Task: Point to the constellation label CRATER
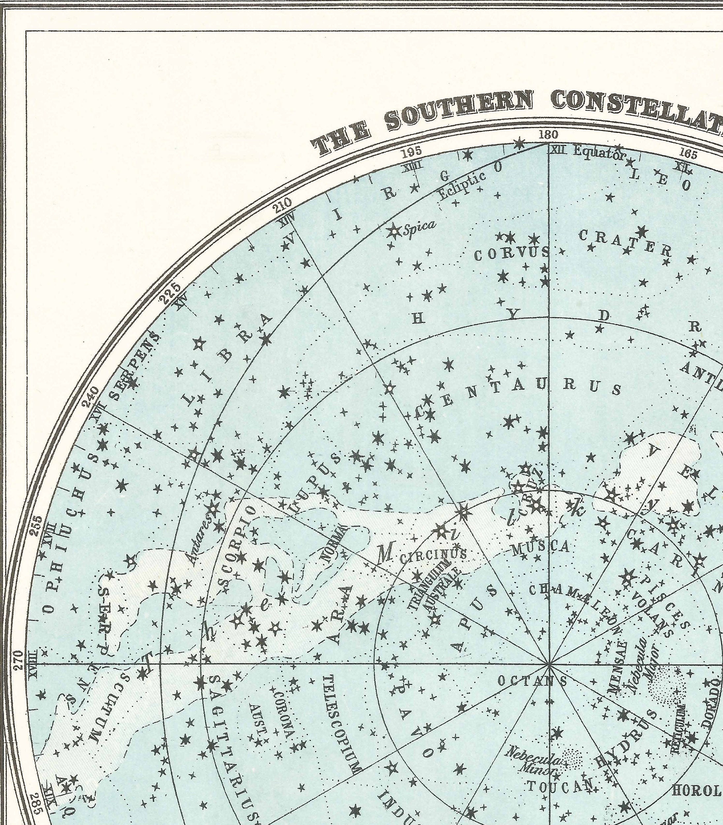[x=625, y=243]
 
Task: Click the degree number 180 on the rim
[x=548, y=134]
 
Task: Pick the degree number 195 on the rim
[x=412, y=152]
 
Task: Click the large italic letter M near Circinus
[x=385, y=556]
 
